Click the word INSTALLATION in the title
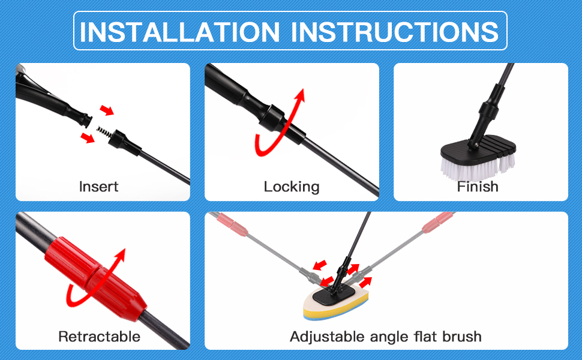(179, 32)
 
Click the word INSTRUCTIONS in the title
(395, 32)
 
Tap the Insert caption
(99, 187)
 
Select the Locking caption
(292, 187)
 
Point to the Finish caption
(478, 187)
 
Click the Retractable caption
(99, 336)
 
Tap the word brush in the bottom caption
(462, 336)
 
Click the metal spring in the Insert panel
(104, 131)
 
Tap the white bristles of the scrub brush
(477, 166)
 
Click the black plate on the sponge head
(334, 295)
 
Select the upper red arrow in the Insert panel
(107, 110)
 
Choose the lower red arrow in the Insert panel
(88, 138)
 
